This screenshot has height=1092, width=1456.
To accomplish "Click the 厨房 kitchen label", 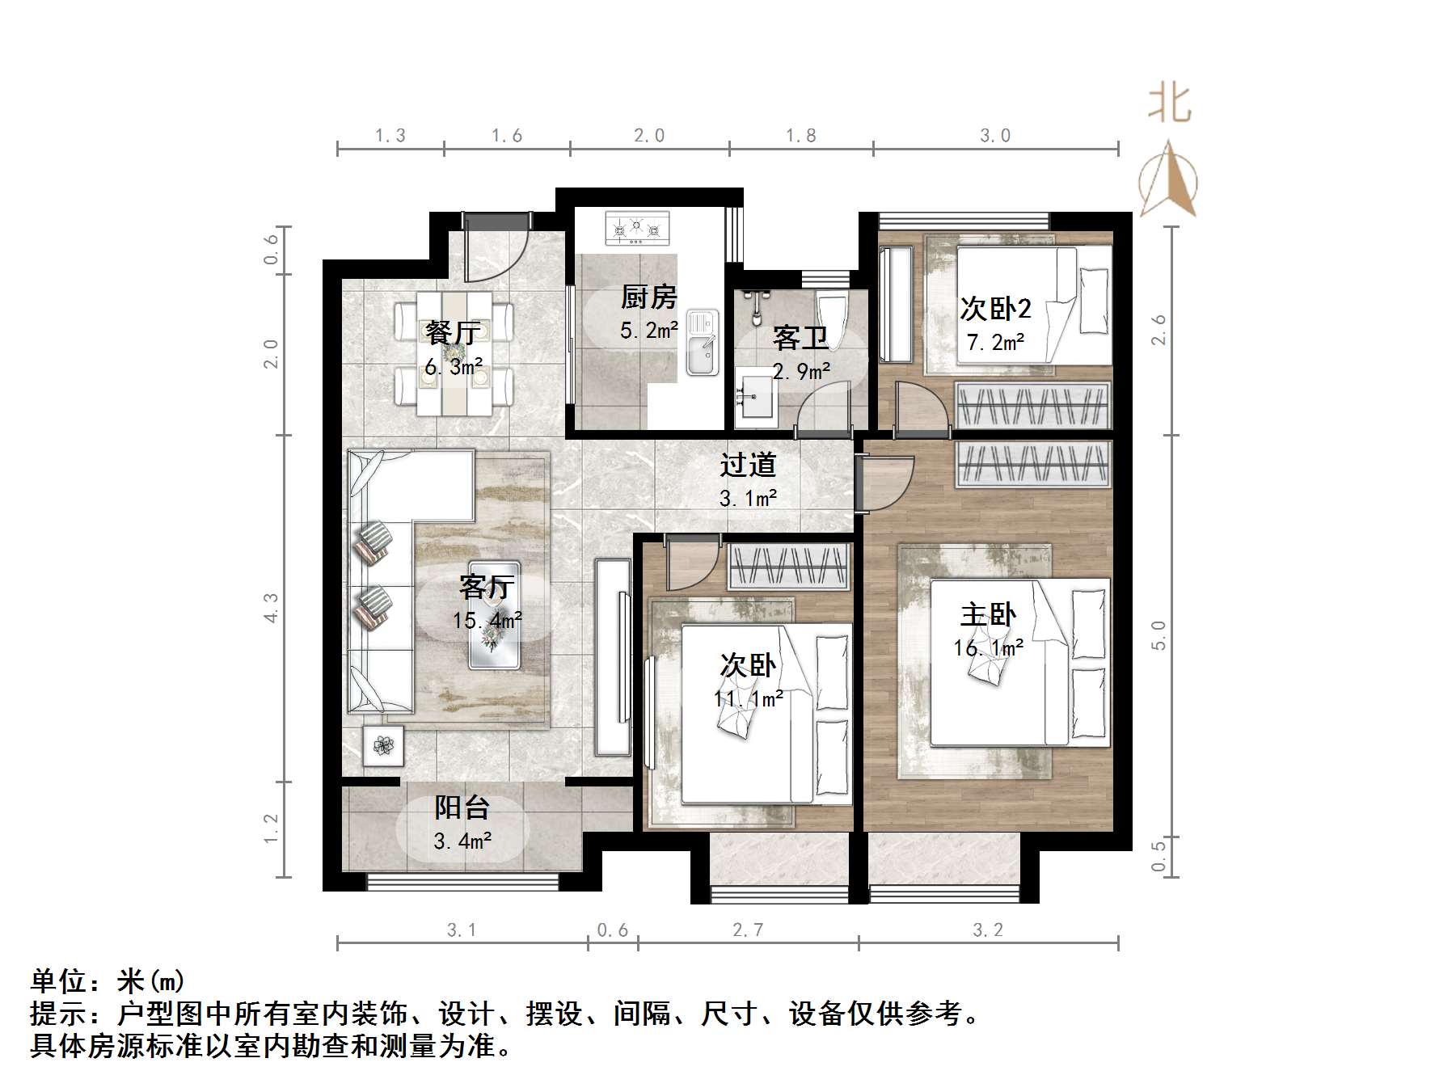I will coord(648,297).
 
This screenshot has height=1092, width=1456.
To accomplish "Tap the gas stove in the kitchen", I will coord(638,229).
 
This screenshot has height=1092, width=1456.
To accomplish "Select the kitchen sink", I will coord(702,344).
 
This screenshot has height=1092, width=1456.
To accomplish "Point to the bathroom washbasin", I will coord(755,398).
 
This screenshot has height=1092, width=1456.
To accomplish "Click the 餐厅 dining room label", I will coord(453,332).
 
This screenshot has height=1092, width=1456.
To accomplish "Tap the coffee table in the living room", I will coord(494,614).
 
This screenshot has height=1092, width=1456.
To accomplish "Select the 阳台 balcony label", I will coord(462,807).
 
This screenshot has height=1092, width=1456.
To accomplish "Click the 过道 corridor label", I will coord(748,465).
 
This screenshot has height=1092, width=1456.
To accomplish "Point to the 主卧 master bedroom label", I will coord(988,615).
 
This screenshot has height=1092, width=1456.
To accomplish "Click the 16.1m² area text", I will coord(988,648).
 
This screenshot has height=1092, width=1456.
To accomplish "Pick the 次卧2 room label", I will coord(995,309).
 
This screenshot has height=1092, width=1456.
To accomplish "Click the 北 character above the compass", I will coord(1170,104).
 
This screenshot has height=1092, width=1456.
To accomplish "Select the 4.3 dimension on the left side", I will coord(271,608).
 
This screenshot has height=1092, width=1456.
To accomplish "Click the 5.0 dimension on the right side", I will coord(1158,635).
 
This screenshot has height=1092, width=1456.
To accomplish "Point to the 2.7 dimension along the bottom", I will coord(748,930).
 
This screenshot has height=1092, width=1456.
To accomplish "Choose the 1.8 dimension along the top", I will coord(801,136).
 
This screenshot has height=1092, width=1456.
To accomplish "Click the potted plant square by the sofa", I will coord(383,745).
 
